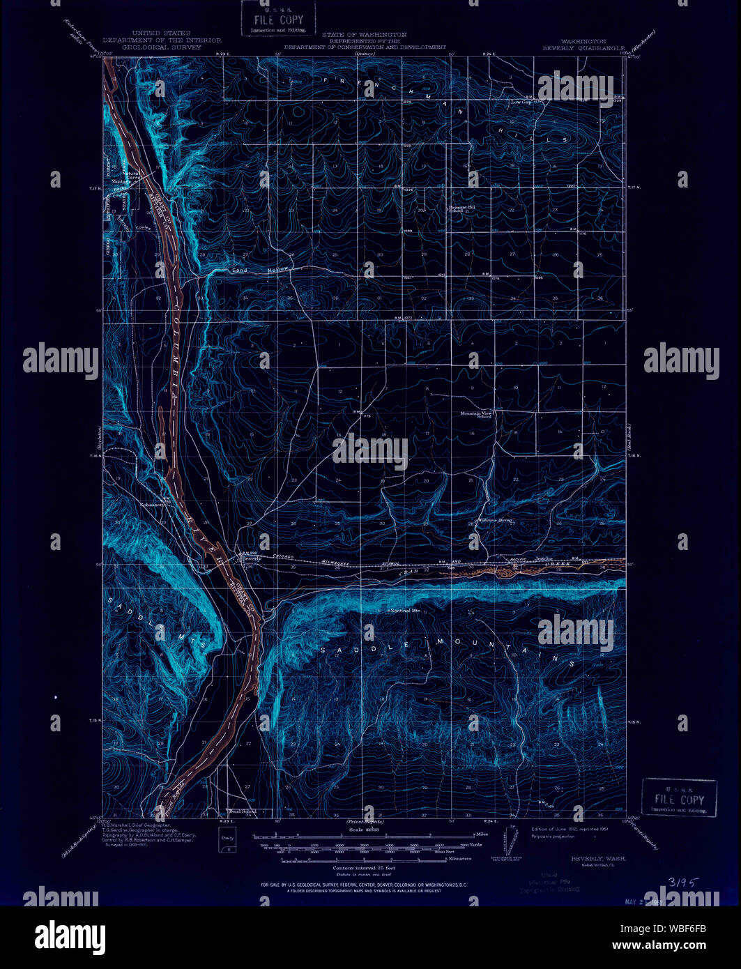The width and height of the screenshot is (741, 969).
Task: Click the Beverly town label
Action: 249,558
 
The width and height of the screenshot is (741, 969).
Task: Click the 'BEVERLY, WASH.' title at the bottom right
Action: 598,859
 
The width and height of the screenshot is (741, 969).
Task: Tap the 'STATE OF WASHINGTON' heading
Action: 365,34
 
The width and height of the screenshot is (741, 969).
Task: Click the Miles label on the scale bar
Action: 481,834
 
